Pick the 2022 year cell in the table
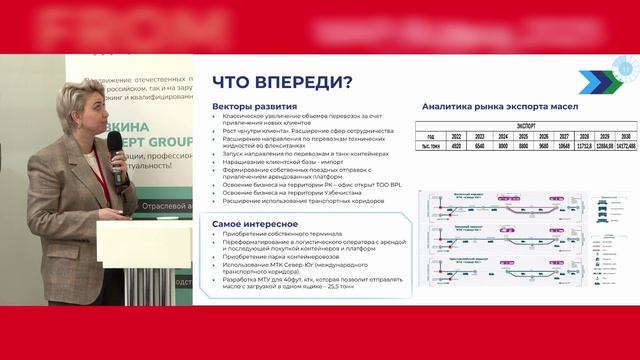(x=456, y=137)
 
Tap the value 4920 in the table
(x=456, y=146)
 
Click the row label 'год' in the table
(x=431, y=137)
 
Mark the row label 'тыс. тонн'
(x=431, y=146)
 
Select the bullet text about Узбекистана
(x=279, y=190)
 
